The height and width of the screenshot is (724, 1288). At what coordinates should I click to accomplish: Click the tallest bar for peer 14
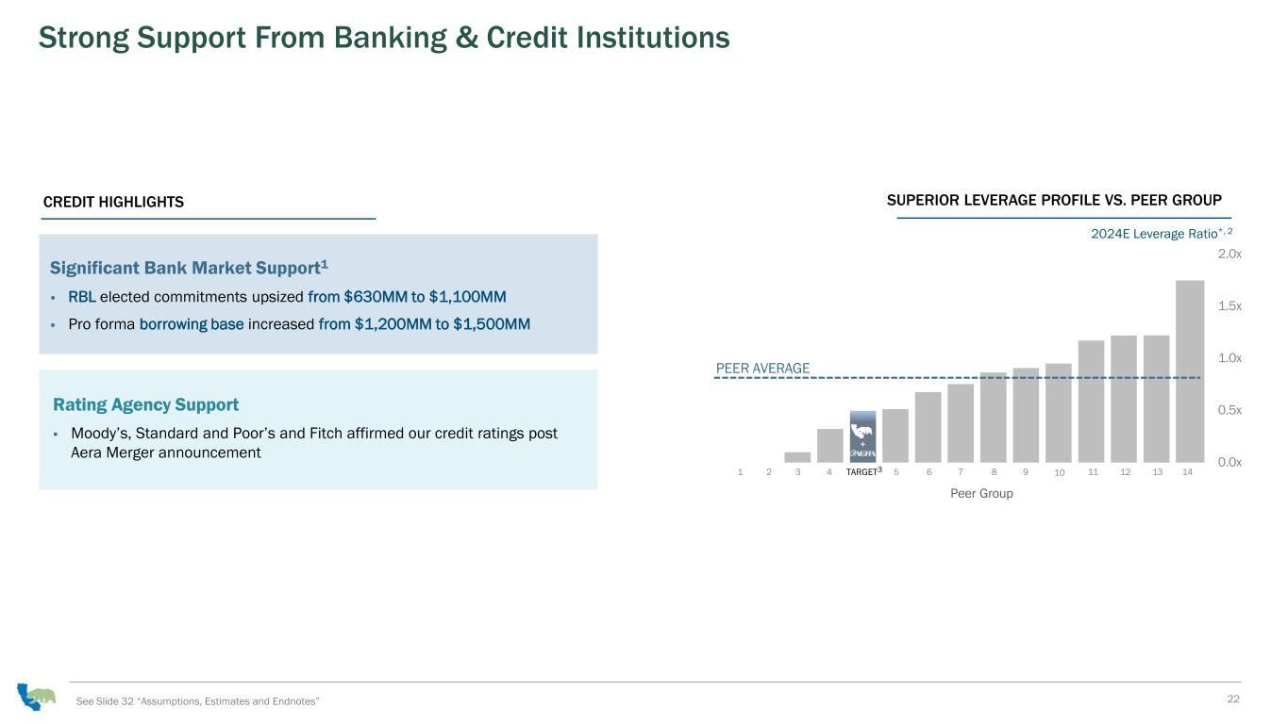(1190, 371)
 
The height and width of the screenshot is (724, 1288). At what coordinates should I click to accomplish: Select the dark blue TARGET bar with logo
(862, 436)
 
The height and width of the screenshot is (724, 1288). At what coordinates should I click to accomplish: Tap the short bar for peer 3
(797, 457)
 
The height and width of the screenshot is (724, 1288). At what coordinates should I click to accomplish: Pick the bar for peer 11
(1092, 402)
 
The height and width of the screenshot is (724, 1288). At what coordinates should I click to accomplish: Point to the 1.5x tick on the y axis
(1229, 306)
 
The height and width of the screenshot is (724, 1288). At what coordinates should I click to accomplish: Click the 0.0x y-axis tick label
(1229, 463)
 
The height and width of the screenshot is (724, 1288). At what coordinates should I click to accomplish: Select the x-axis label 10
(1059, 473)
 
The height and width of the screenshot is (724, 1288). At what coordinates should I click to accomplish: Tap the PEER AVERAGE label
(762, 369)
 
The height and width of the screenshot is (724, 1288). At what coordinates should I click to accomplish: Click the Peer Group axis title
(981, 494)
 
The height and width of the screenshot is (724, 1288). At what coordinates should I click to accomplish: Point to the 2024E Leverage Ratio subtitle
(1162, 233)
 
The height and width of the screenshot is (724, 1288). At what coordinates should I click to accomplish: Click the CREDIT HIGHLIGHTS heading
(113, 202)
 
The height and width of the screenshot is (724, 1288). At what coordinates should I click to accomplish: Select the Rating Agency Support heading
(145, 404)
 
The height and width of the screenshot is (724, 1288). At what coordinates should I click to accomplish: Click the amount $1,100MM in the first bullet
(467, 297)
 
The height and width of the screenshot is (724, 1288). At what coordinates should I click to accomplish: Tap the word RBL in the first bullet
(82, 297)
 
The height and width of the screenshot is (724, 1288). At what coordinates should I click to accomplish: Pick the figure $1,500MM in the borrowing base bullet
(492, 324)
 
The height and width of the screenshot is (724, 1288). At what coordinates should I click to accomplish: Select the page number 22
(1232, 699)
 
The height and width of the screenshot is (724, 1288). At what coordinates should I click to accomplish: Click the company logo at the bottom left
(36, 696)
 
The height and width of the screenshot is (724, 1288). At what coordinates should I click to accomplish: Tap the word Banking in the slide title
(390, 39)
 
